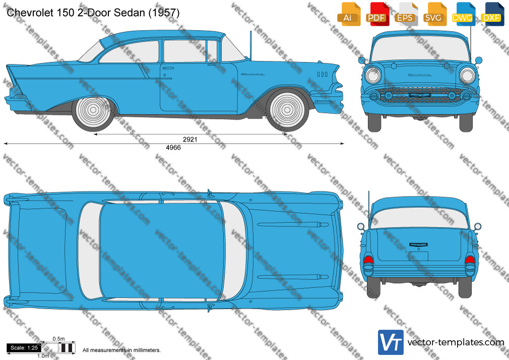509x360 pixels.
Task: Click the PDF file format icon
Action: coord(377,14)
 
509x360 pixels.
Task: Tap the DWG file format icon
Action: coord(464,14)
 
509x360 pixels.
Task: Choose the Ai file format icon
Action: coord(349,14)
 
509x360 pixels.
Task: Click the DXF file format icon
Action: coord(492,14)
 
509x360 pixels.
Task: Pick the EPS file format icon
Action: coord(406,14)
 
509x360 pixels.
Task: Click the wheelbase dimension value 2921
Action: coord(190,139)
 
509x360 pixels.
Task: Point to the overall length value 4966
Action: coord(173,148)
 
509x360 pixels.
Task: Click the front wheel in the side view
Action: coord(287,110)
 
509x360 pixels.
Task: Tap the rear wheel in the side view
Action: coord(93,110)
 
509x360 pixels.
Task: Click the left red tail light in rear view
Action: coord(368,260)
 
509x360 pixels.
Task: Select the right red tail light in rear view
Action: coord(470,260)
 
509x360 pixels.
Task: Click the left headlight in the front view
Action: coord(373,76)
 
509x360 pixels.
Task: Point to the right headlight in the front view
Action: coord(467,76)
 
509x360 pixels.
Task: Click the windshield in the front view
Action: coord(420,48)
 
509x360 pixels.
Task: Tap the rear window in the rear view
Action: coord(419,218)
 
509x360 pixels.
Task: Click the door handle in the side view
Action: coord(168,68)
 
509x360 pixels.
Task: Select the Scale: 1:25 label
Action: coord(24,348)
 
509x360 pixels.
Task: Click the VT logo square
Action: coord(391,342)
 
